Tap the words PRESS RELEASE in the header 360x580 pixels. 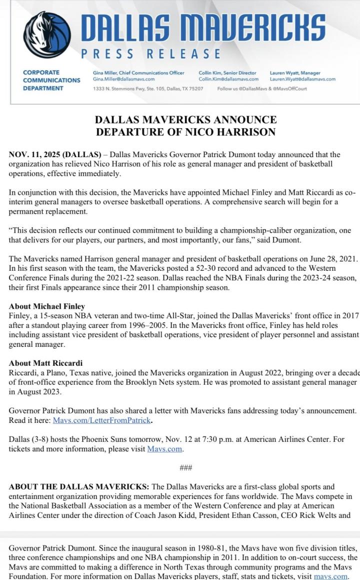click(x=150, y=54)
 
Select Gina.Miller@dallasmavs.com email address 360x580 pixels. click(x=123, y=79)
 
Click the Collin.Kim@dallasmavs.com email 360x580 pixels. click(x=228, y=79)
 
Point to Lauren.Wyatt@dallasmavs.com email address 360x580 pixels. click(x=302, y=79)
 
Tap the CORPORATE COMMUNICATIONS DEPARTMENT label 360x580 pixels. click(x=51, y=80)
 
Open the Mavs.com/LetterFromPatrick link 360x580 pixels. click(x=101, y=420)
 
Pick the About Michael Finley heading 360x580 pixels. click(x=47, y=306)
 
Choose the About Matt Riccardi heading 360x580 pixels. click(x=45, y=363)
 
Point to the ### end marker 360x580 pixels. click(x=185, y=468)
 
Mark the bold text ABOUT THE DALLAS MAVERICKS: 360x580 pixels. click(x=79, y=486)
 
